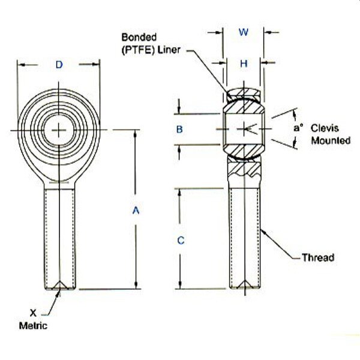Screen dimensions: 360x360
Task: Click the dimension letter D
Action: click(59, 65)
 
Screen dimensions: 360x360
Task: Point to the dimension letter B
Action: click(179, 129)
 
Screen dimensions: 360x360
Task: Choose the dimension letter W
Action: click(244, 33)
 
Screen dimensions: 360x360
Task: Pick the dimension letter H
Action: click(244, 64)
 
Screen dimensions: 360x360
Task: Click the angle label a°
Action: click(298, 128)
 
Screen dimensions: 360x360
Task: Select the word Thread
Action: click(318, 258)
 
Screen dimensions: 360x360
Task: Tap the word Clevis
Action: click(325, 128)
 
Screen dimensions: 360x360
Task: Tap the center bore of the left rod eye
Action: click(59, 130)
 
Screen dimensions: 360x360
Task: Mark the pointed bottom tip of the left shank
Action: click(60, 288)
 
